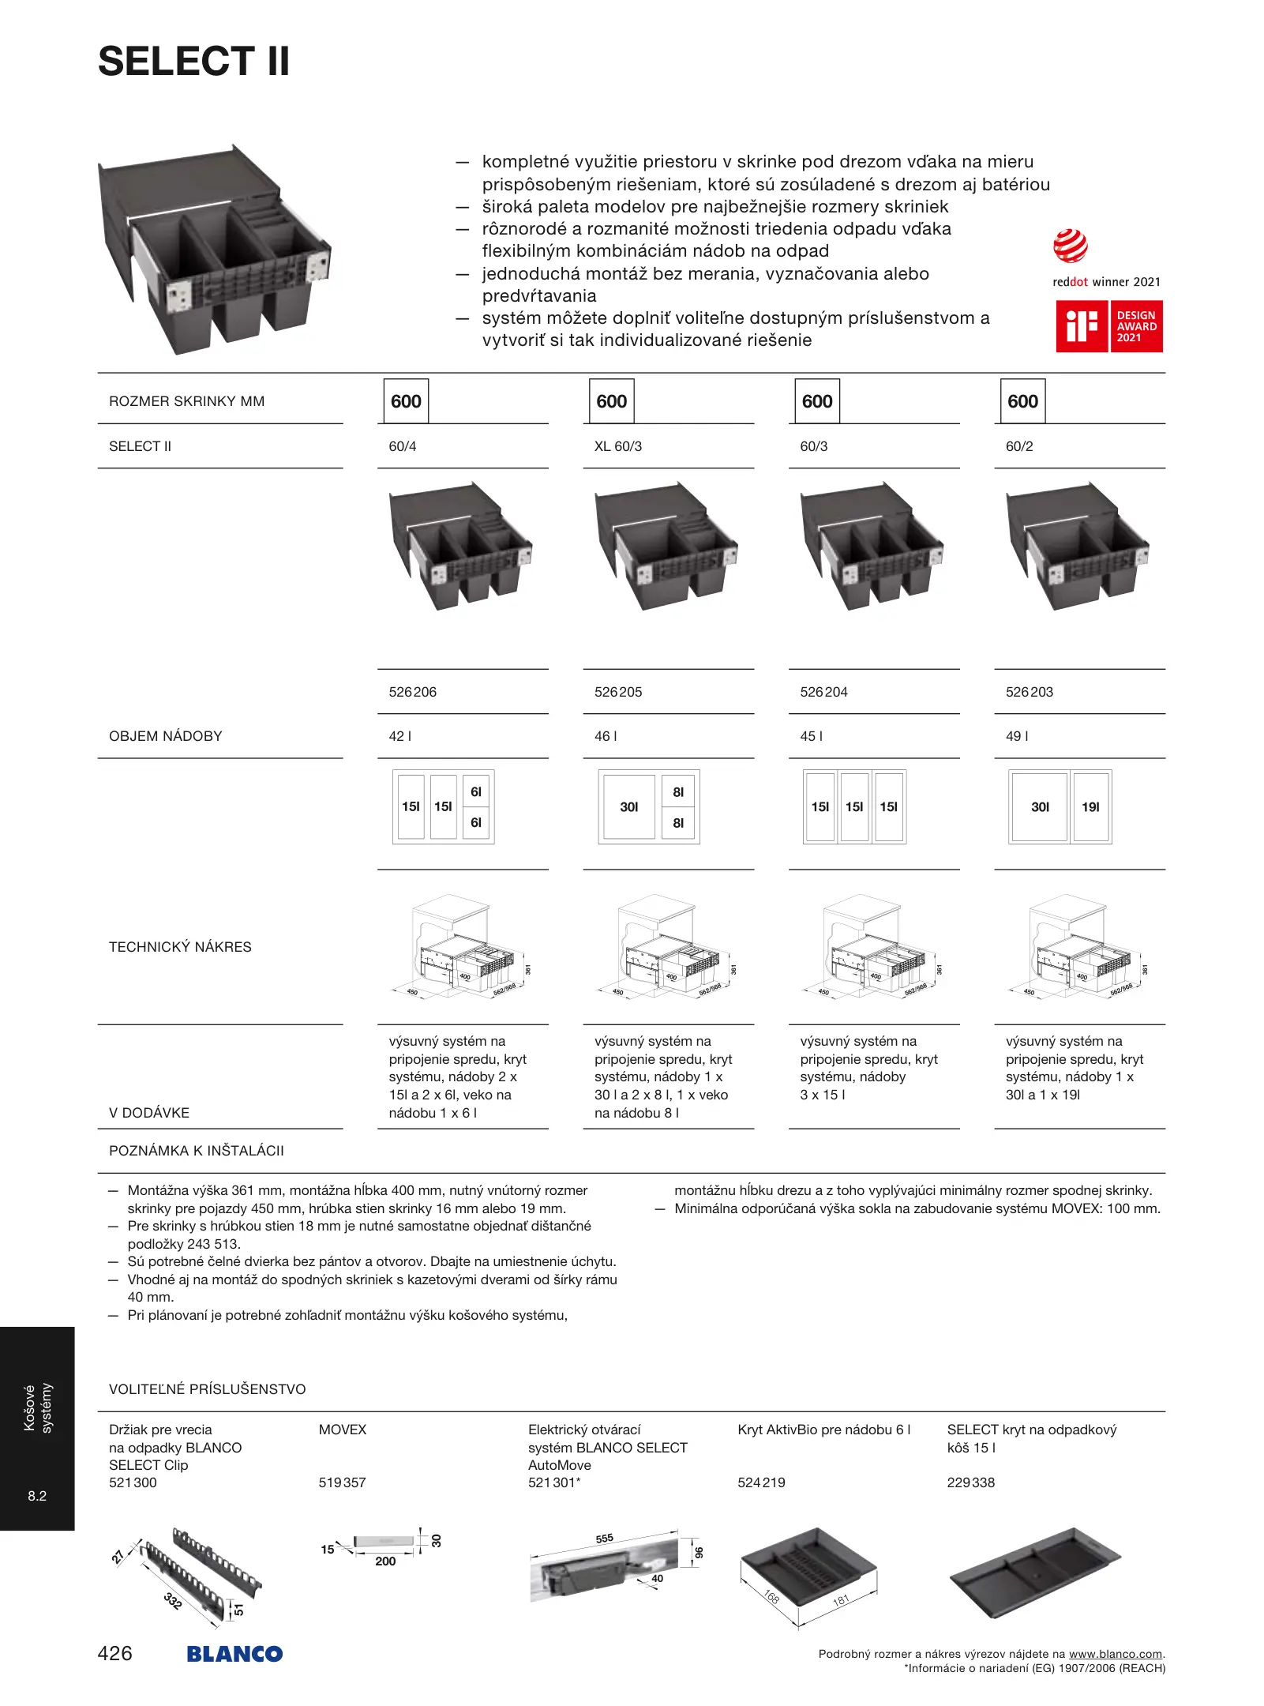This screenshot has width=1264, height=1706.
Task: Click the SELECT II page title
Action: [193, 62]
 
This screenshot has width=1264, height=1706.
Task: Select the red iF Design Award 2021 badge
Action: [1108, 326]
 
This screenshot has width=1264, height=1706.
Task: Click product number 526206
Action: [412, 692]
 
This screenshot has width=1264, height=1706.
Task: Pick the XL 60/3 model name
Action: [617, 446]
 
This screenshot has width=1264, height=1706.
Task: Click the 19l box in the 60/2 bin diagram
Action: [1090, 806]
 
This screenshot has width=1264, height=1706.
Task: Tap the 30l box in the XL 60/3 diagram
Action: [628, 806]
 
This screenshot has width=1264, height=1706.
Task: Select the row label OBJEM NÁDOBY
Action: [165, 736]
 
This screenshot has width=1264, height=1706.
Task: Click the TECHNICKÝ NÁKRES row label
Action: [180, 947]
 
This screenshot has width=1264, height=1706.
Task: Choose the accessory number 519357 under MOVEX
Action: [342, 1482]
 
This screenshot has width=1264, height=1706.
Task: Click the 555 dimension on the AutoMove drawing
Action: [604, 1539]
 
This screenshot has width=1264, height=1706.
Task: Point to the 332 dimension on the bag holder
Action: [173, 1601]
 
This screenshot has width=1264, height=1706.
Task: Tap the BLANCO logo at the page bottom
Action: [234, 1654]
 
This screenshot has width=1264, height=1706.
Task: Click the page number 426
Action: [114, 1653]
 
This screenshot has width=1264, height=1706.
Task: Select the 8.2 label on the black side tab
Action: [37, 1496]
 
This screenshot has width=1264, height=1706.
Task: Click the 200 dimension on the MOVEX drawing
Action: [385, 1561]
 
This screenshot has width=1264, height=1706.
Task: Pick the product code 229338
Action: [970, 1482]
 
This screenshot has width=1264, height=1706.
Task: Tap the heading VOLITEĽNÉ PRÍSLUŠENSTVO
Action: [207, 1389]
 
